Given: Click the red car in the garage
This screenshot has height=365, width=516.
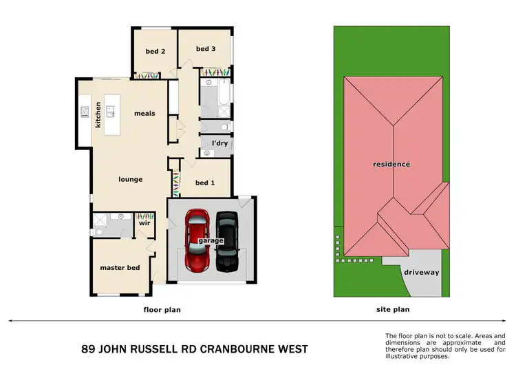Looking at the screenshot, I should point(197,241).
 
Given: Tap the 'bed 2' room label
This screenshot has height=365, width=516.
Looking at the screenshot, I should point(155,51).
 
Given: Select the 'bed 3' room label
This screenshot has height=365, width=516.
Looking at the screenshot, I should point(206,49).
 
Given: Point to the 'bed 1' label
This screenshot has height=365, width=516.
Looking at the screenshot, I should point(205,182).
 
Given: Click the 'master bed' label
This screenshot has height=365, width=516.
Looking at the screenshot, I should point(120,267).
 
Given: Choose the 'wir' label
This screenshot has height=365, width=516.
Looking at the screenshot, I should point(144,223).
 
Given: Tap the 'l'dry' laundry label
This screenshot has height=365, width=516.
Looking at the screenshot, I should point(219,143).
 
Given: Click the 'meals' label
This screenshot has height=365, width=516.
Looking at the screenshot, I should point(144,114).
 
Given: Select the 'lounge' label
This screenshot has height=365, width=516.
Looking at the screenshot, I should point(130,180).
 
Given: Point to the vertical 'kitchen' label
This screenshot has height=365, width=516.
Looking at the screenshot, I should point(98,115).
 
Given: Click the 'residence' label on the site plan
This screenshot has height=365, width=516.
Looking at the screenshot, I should point(391,164).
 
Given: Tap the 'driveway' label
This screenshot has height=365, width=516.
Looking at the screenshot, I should point(421,272).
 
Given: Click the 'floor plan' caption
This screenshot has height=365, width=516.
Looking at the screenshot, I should point(161,310).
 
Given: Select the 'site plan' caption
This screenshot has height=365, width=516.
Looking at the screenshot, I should point(391,310).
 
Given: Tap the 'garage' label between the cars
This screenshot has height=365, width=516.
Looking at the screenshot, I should point(211,241).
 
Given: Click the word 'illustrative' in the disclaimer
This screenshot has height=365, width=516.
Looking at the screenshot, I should point(404,356).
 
